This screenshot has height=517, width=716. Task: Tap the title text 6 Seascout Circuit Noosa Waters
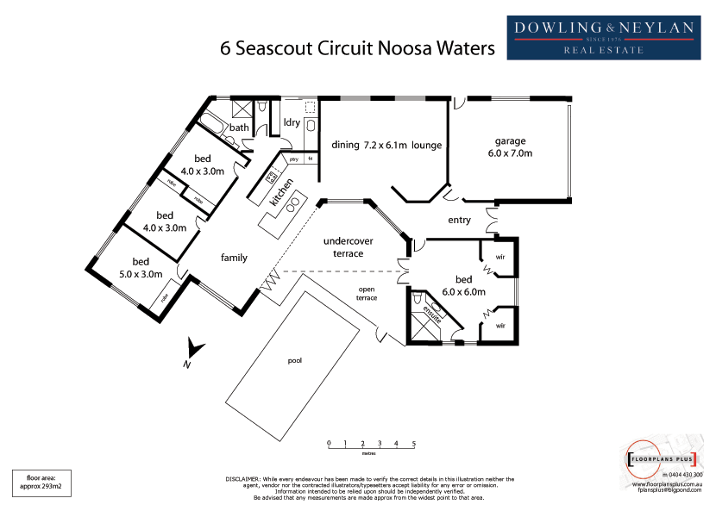[x=358, y=48]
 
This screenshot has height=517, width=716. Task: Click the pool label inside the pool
[x=295, y=360]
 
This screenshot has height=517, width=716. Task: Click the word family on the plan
[x=234, y=257]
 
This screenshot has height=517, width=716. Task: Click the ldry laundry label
[x=292, y=122]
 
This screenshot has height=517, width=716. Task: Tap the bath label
[x=239, y=128]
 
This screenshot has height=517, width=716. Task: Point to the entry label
[x=459, y=220]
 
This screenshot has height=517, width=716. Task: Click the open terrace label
[x=367, y=293]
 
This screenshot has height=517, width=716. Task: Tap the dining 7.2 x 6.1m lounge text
[x=386, y=145]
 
